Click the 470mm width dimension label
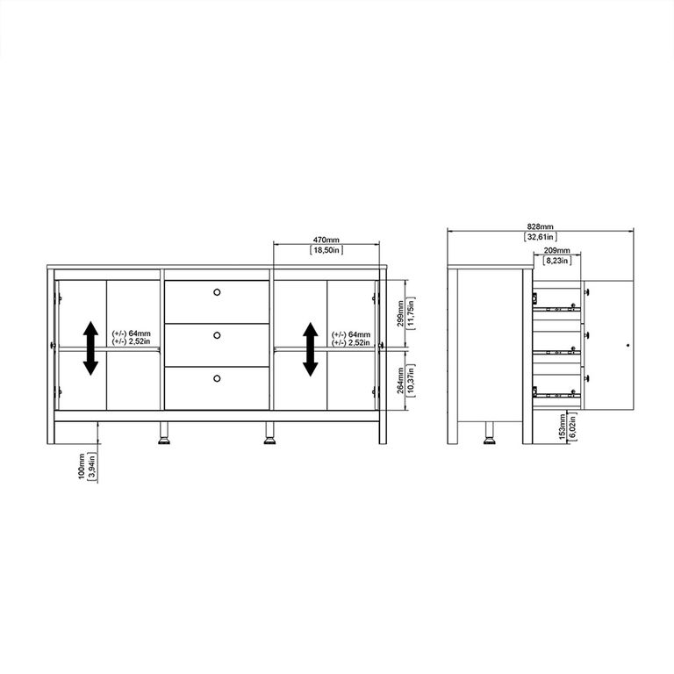coord(326,240)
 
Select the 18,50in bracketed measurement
coord(326,250)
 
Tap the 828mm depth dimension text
coord(541,226)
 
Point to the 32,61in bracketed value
coord(541,237)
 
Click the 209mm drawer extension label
coord(557,250)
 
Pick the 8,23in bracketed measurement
coord(557,261)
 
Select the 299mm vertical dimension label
coord(400,314)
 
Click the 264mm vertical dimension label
coord(400,381)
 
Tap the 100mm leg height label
coord(82,467)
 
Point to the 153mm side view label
coord(563,427)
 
